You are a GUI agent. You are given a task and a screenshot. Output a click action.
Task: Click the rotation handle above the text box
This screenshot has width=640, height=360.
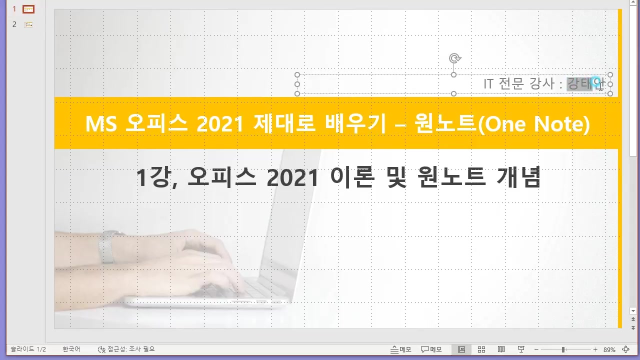pyautogui.click(x=454, y=58)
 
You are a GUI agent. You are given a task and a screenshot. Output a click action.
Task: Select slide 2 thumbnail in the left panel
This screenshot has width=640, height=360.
pyautogui.click(x=28, y=24)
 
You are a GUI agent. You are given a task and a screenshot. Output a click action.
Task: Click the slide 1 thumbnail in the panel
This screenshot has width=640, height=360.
pyautogui.click(x=28, y=9)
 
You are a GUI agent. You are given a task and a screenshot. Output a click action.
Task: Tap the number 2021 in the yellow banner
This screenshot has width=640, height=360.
pyautogui.click(x=217, y=124)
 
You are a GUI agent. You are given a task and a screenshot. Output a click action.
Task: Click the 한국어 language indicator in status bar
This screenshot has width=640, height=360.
pyautogui.click(x=71, y=349)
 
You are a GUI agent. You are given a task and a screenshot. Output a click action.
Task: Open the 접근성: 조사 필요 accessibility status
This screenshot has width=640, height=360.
pyautogui.click(x=126, y=349)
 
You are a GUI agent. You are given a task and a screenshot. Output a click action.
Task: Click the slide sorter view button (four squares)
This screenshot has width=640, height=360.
pyautogui.click(x=481, y=349)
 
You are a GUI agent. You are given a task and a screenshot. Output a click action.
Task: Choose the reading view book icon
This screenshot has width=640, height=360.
pyautogui.click(x=501, y=349)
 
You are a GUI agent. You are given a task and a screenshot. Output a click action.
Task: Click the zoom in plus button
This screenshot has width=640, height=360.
pyautogui.click(x=595, y=349)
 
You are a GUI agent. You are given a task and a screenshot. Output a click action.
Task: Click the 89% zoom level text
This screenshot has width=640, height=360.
pyautogui.click(x=609, y=349)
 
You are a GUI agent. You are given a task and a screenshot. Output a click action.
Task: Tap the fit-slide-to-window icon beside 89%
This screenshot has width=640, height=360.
pyautogui.click(x=625, y=349)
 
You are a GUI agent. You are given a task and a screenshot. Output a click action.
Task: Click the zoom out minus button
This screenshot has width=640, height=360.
pyautogui.click(x=536, y=349)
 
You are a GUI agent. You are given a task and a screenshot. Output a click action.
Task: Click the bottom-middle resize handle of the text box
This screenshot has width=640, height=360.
pyautogui.click(x=453, y=93)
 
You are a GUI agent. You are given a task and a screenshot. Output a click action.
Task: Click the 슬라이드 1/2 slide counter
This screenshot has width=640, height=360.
pyautogui.click(x=28, y=349)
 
